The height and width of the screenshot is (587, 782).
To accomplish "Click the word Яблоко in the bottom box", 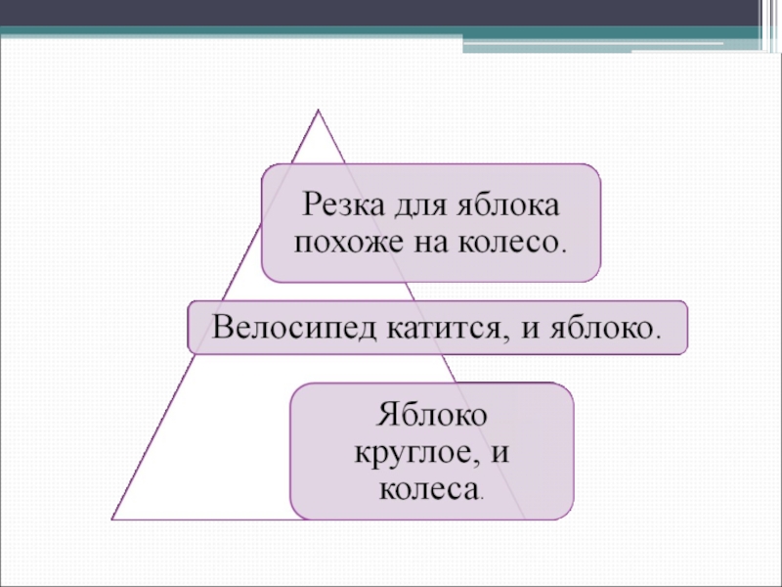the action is (432, 416).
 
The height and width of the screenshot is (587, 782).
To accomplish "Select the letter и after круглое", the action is (503, 453).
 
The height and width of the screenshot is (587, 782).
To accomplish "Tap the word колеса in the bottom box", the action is (426, 486).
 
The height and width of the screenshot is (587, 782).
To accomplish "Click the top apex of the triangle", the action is (318, 111).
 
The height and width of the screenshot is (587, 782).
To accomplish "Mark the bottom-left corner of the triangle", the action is (113, 517).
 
